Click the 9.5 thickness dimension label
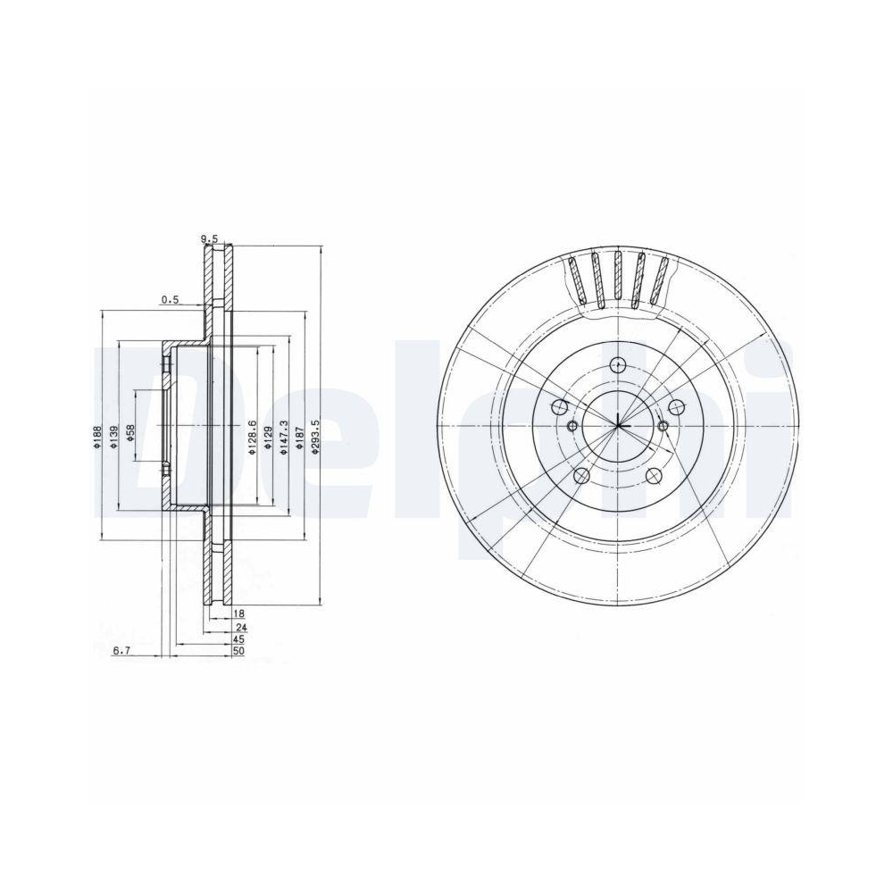[208, 238]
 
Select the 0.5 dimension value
[170, 300]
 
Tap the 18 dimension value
[238, 614]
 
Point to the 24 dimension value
[238, 628]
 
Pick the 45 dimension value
[238, 640]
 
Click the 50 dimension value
[238, 653]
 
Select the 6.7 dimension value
[121, 653]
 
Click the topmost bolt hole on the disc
[617, 363]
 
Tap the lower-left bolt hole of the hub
[581, 475]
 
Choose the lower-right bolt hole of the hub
[654, 474]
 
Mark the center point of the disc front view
[617, 425]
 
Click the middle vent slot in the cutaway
[617, 279]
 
